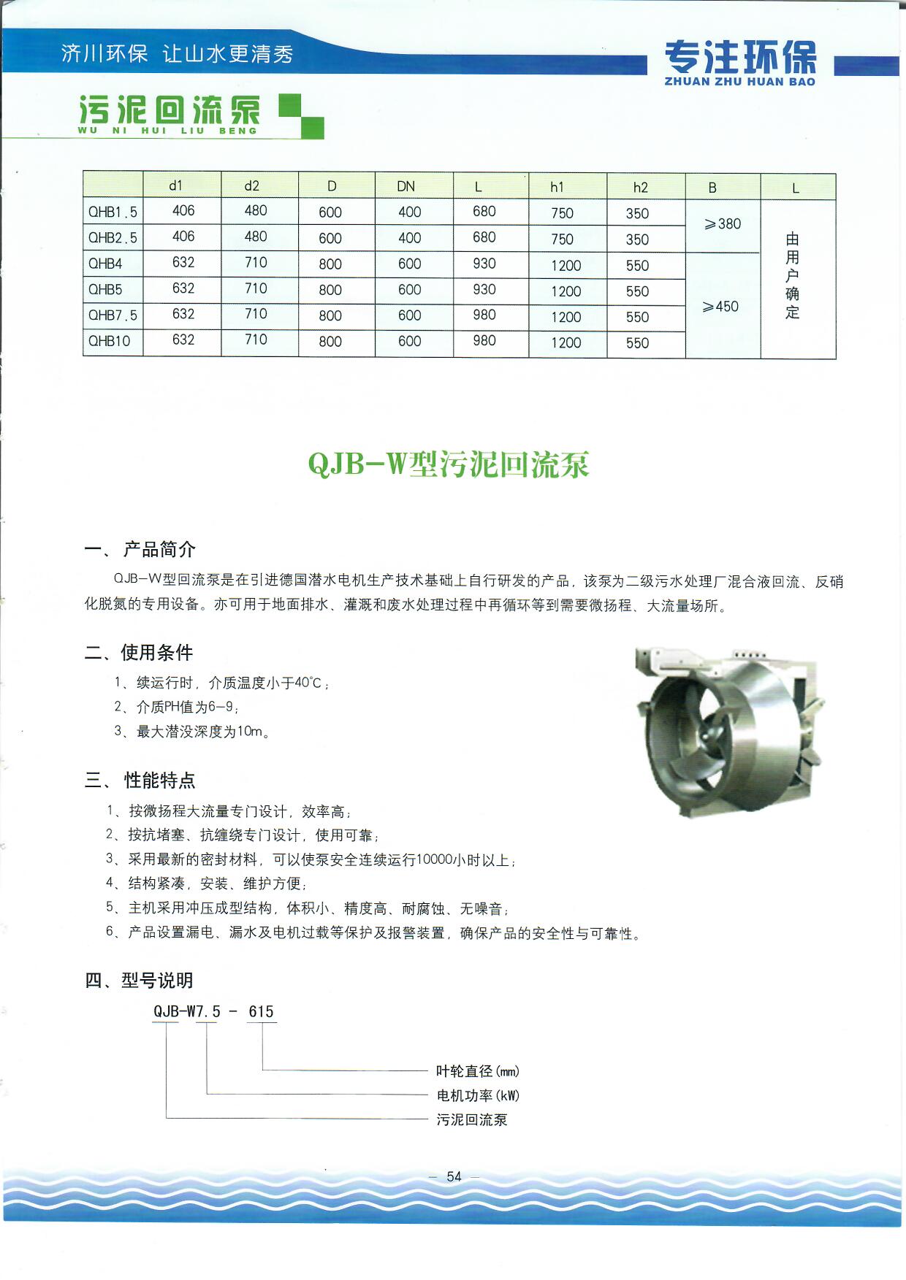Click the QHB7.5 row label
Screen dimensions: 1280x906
(113, 315)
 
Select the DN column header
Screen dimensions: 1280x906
(406, 186)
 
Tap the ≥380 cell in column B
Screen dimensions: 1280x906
(722, 224)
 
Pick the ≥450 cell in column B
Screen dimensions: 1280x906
(720, 307)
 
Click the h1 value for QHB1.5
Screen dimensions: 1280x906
(562, 213)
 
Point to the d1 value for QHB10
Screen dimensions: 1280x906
(183, 340)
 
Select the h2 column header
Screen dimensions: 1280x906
(640, 188)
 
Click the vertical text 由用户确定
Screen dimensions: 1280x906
(793, 276)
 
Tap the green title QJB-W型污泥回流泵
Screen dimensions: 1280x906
(449, 464)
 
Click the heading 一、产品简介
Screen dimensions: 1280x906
(140, 549)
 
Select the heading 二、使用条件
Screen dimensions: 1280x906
(139, 652)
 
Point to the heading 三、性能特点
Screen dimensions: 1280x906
(140, 781)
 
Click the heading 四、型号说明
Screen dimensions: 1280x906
(139, 981)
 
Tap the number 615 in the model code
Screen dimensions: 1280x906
(261, 1012)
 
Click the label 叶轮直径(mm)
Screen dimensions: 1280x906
(478, 1071)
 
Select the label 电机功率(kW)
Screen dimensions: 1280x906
(478, 1095)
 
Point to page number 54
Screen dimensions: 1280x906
(454, 1176)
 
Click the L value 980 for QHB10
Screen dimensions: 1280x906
(484, 341)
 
